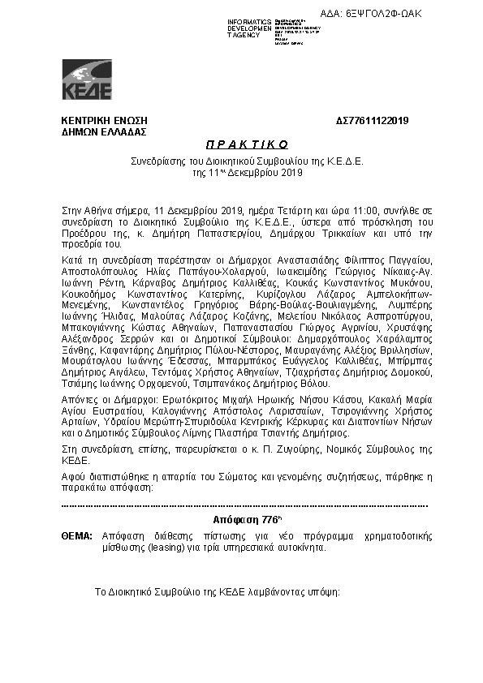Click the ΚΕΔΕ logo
(x=87, y=80)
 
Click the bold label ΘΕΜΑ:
(x=77, y=537)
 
